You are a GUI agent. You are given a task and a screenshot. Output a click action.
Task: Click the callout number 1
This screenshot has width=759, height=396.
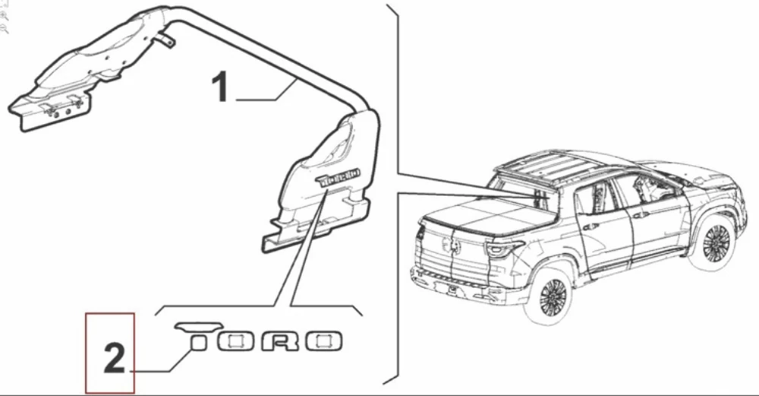[x=220, y=87]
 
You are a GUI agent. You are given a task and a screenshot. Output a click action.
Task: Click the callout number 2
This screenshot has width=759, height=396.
[x=115, y=358]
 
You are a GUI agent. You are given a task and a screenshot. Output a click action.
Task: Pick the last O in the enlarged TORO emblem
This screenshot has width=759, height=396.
[x=323, y=341]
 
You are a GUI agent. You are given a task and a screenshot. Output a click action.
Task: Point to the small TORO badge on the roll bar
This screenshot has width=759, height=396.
[x=339, y=177]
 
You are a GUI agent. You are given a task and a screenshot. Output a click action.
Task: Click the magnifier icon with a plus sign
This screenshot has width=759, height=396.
[x=4, y=15]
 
